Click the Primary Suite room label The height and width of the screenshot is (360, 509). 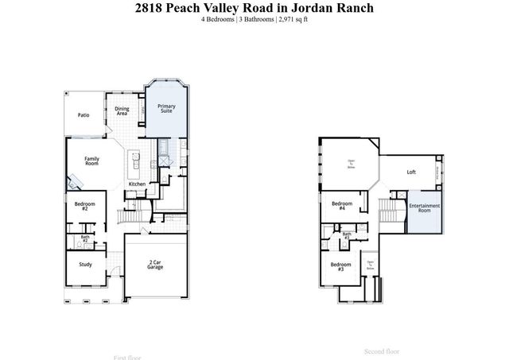tap(166, 109)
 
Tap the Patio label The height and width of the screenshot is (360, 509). tap(84, 115)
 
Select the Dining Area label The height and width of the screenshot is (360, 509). tap(122, 111)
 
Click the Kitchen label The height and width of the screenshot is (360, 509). tap(137, 184)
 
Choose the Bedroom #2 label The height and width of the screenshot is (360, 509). tap(85, 207)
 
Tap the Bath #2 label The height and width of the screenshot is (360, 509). tap(85, 238)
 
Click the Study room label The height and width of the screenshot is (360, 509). tap(85, 265)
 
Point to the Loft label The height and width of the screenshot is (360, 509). tap(411, 172)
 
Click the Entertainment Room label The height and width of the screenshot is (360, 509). tap(425, 209)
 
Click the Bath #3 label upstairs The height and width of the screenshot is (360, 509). tap(347, 235)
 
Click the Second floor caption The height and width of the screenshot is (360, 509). tap(381, 350)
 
